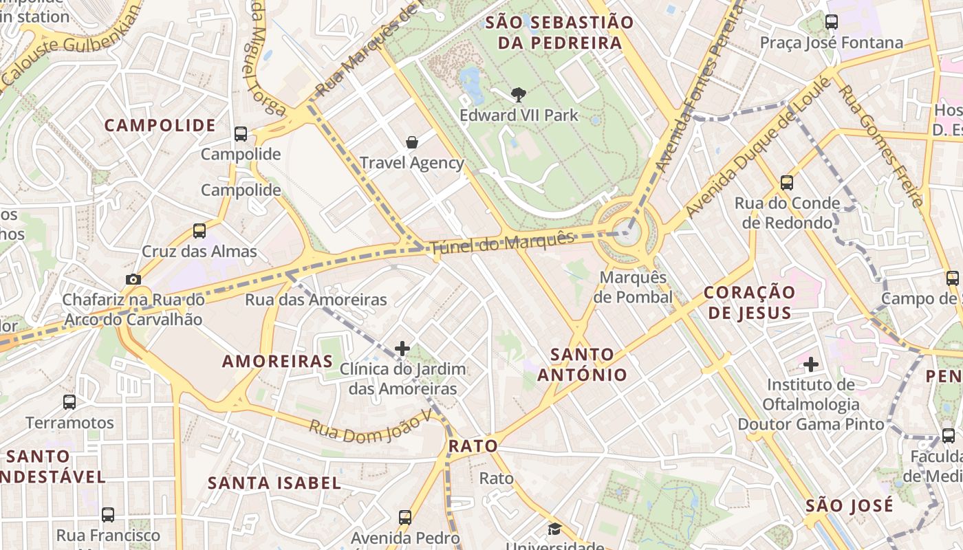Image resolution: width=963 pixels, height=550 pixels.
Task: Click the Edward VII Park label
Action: pyautogui.click(x=519, y=115)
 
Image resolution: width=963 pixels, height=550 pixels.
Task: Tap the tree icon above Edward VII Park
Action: pyautogui.click(x=519, y=95)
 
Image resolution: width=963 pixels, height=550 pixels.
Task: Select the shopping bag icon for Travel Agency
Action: pyautogui.click(x=411, y=142)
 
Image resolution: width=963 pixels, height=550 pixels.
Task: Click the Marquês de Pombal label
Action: pyautogui.click(x=633, y=287)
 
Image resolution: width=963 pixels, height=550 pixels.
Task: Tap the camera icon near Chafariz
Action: pyautogui.click(x=133, y=279)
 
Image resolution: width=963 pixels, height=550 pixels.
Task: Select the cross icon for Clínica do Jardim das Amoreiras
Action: pyautogui.click(x=402, y=349)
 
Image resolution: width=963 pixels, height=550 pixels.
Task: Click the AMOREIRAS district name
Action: pyautogui.click(x=277, y=362)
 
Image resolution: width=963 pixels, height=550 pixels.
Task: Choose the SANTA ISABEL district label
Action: pyautogui.click(x=274, y=483)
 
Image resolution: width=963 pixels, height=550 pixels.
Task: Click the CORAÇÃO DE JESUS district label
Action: pyautogui.click(x=749, y=302)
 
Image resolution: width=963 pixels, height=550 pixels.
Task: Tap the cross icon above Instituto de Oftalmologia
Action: pyautogui.click(x=811, y=364)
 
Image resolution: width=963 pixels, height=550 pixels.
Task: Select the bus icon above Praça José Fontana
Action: pyautogui.click(x=832, y=22)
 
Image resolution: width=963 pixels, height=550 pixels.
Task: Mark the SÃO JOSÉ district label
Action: pyautogui.click(x=850, y=506)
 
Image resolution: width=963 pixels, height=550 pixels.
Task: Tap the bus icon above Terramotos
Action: pyautogui.click(x=69, y=401)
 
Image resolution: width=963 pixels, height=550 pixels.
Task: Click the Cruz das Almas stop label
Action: pyautogui.click(x=199, y=252)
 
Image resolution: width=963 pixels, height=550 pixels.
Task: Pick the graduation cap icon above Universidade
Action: pyautogui.click(x=554, y=529)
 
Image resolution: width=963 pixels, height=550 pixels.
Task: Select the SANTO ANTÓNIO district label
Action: pyautogui.click(x=582, y=364)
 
